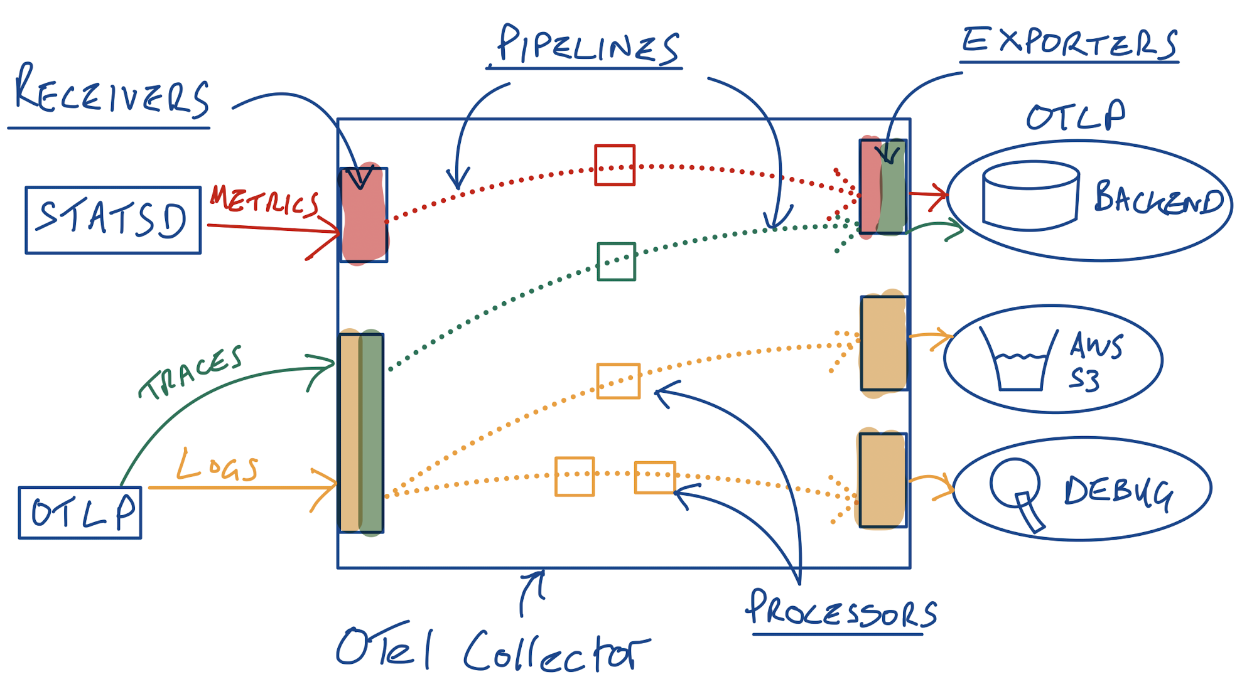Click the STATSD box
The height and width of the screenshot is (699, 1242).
click(x=113, y=220)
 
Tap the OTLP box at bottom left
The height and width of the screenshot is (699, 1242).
click(x=80, y=513)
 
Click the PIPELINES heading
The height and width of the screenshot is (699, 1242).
click(x=587, y=45)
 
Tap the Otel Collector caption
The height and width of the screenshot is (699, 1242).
click(x=493, y=649)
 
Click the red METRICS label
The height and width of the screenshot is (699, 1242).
click(x=264, y=201)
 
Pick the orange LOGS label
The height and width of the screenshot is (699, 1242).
click(x=217, y=466)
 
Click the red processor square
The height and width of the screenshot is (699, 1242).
click(x=615, y=165)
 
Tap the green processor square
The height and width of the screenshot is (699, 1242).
click(x=616, y=262)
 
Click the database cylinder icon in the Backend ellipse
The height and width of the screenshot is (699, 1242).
click(x=1030, y=196)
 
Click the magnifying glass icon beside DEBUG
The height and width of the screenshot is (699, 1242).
click(x=1017, y=493)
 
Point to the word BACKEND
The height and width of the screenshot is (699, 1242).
click(x=1158, y=198)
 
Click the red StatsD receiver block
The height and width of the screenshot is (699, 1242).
click(x=363, y=215)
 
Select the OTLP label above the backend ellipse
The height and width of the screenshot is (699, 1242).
click(x=1075, y=116)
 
